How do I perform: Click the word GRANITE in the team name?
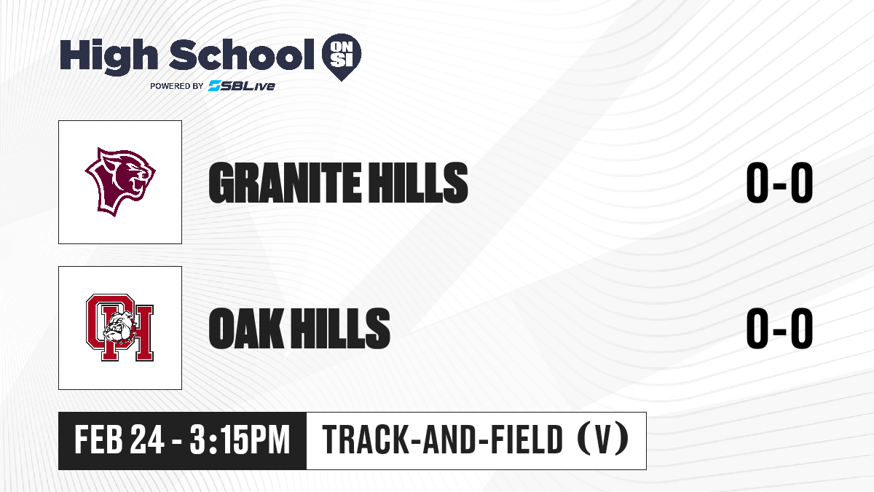point(285,183)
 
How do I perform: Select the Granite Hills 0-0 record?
point(779,183)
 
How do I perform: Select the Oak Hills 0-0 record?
point(779,328)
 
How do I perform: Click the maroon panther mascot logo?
point(120,181)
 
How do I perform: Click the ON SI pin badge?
point(342,57)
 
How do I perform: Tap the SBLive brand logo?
point(242,86)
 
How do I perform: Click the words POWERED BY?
point(177,86)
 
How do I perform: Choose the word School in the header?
point(242,55)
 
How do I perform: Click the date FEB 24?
point(119,440)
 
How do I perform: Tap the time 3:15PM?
point(240,440)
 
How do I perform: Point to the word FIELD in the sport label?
point(527,440)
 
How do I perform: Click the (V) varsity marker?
point(603,440)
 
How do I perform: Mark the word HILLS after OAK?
point(340,328)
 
